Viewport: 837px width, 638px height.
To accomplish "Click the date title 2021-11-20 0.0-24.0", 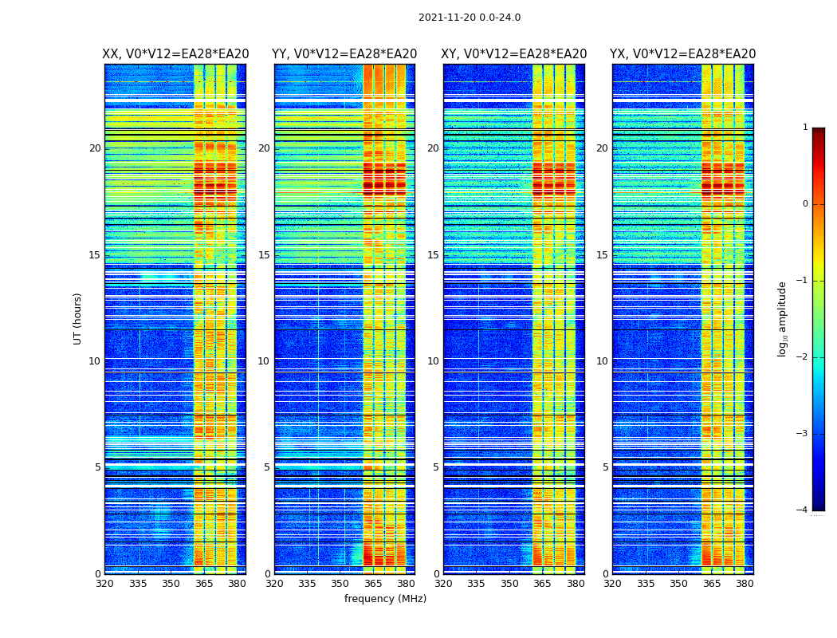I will tap(469, 18).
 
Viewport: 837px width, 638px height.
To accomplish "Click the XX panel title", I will tap(175, 54).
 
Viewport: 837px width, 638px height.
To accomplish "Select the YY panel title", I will tap(344, 54).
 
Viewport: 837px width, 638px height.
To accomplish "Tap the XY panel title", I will tap(514, 54).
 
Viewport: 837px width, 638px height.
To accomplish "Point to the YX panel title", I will tap(682, 54).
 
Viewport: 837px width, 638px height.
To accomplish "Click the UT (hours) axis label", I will tap(78, 318).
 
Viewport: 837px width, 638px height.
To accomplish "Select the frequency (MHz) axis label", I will tap(385, 599).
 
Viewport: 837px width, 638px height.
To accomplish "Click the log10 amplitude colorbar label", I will tap(783, 318).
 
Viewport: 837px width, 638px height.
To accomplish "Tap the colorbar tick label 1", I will tap(805, 128).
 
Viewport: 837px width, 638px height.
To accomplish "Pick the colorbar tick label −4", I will tap(803, 510).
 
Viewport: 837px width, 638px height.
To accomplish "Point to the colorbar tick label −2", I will tap(803, 357).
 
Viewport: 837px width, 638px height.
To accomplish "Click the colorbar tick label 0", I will tap(805, 204).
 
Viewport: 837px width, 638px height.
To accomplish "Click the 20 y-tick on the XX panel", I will tap(95, 148).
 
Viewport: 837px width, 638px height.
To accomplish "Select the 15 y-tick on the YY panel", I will tap(264, 255).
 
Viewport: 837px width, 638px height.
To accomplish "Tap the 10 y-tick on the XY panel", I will tap(433, 361).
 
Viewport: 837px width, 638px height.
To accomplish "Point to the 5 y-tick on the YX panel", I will tap(605, 467).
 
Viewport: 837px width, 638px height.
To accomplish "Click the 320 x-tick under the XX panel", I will tap(105, 584).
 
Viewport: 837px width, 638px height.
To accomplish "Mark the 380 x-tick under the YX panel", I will tap(745, 584).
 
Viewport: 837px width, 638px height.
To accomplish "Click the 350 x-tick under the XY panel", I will tap(509, 584).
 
